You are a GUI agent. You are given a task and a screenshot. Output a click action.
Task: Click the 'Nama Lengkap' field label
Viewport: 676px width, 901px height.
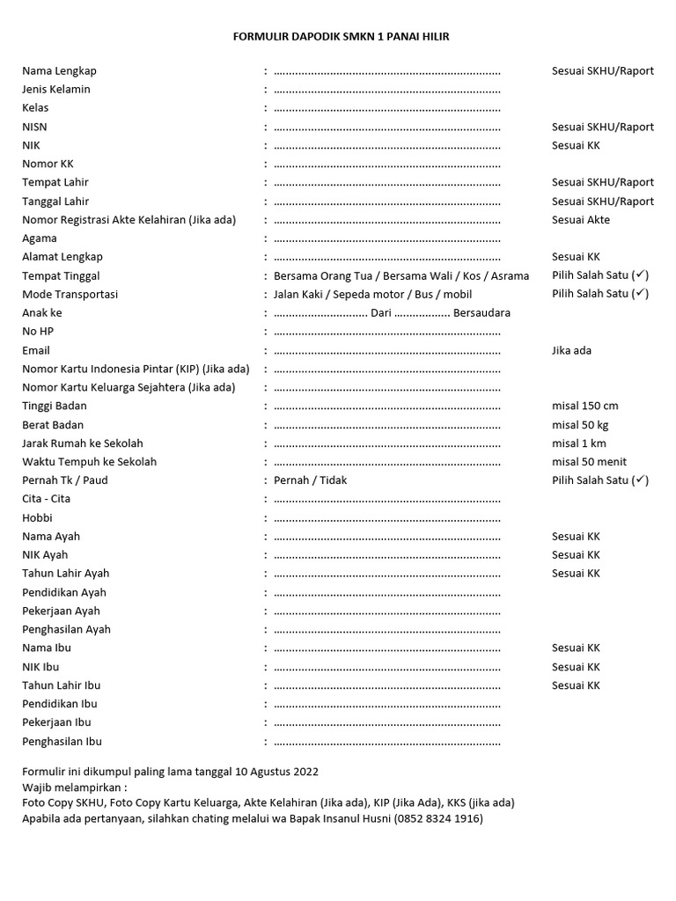click(59, 70)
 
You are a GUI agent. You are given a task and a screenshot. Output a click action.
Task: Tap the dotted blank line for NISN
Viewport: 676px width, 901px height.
click(387, 127)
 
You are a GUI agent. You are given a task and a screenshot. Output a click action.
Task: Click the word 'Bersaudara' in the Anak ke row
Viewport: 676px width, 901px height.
click(482, 312)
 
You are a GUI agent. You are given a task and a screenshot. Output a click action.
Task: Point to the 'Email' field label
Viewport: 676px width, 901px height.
click(36, 350)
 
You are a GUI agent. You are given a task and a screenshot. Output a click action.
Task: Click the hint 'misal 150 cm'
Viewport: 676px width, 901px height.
click(584, 406)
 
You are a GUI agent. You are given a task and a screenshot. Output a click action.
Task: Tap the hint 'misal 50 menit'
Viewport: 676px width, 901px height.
click(589, 461)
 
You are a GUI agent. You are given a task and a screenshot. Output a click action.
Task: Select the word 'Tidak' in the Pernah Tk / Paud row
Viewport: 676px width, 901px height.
click(332, 480)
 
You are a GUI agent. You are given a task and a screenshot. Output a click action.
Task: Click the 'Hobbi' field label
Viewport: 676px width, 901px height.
click(38, 517)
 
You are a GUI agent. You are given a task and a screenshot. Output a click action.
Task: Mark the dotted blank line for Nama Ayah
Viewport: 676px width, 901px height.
click(387, 536)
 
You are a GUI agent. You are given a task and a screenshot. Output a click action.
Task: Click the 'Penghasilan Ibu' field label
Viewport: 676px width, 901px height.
click(62, 741)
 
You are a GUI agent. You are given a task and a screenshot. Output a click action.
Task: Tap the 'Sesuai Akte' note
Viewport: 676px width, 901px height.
click(580, 220)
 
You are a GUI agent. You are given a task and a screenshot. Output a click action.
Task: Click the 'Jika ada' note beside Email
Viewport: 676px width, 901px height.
click(571, 350)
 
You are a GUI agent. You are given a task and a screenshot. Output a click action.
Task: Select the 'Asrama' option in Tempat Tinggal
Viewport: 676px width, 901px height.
click(510, 275)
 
